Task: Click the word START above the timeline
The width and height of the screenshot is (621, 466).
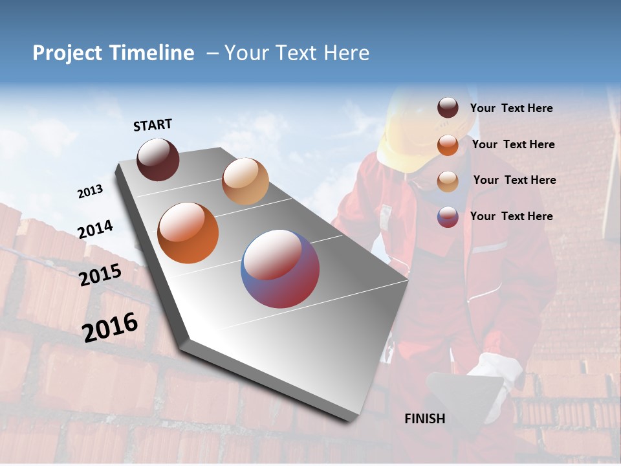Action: point(153,125)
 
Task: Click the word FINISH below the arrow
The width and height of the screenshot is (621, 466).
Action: point(424,419)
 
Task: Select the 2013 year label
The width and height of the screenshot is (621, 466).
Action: point(90,192)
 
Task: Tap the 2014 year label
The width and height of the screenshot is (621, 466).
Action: point(95,229)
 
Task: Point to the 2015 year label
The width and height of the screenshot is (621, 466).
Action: point(100,275)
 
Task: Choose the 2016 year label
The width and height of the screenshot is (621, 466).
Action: point(110,327)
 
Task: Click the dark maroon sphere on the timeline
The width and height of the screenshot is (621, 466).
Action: point(158,159)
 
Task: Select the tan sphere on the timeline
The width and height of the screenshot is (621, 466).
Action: point(245,181)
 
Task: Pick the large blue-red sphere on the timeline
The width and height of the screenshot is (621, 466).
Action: point(280,269)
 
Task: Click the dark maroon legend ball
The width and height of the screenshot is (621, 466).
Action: point(448,108)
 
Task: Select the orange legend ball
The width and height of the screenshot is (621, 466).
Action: point(448,145)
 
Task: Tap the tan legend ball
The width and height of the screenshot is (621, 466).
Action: point(448,181)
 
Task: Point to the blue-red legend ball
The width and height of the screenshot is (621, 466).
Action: point(448,217)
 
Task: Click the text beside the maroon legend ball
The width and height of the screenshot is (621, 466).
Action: point(511,108)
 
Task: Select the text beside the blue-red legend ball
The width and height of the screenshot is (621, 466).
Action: point(511,216)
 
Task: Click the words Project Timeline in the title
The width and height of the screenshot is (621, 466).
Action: point(113,53)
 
